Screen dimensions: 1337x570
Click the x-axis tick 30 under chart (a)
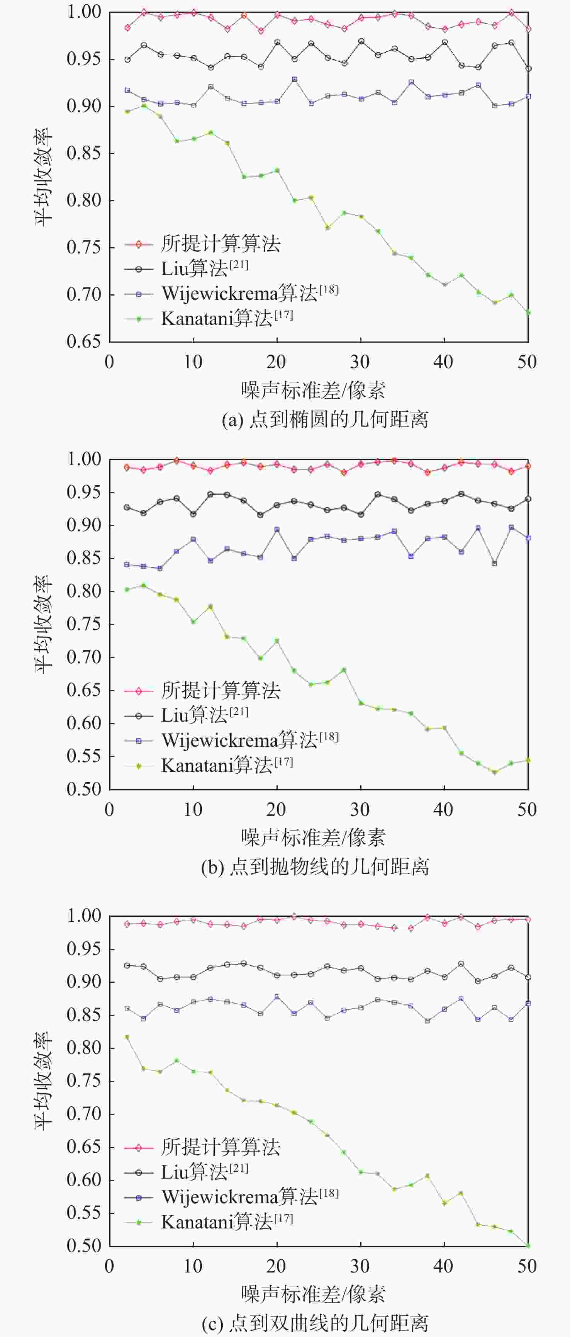coord(360,362)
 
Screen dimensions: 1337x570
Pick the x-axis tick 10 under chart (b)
coord(193,809)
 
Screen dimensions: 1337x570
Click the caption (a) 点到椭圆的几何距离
coord(325,420)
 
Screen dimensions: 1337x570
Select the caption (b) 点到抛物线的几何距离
coord(315,866)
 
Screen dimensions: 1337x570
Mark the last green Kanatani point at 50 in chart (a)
coord(528,313)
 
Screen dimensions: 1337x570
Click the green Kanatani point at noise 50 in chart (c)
coord(528,1245)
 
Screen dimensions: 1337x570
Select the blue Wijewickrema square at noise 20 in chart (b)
coord(277,529)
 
